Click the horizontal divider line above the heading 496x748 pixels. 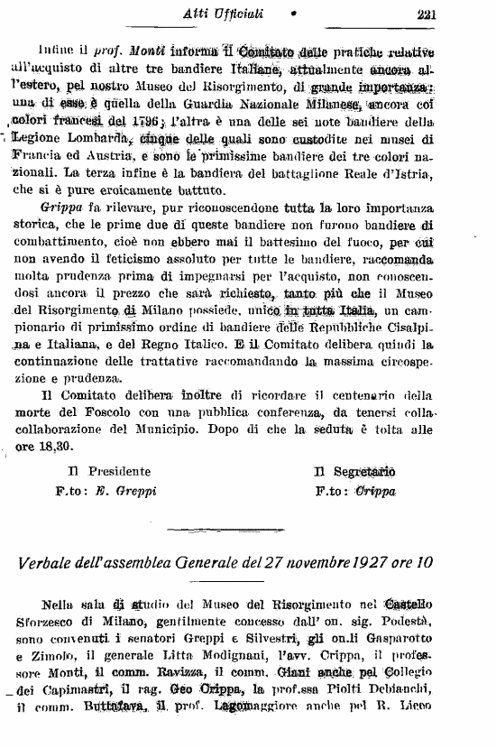pyautogui.click(x=247, y=529)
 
